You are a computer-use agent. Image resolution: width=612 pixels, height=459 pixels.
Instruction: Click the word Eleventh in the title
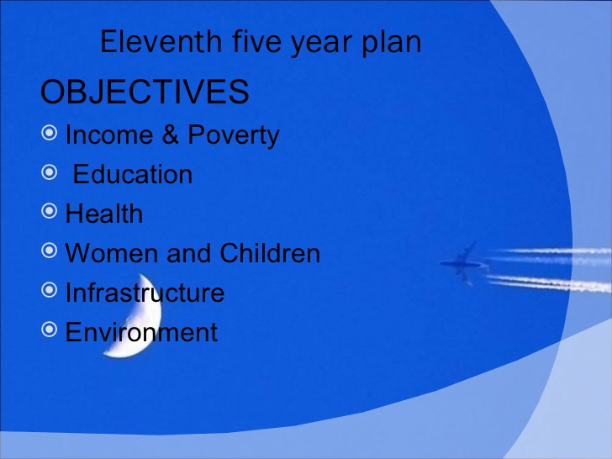[161, 41]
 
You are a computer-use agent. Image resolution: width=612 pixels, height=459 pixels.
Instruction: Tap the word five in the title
[257, 41]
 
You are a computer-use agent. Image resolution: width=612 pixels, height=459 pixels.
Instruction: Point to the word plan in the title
[392, 44]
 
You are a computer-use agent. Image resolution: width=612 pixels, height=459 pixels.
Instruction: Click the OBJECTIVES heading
[145, 92]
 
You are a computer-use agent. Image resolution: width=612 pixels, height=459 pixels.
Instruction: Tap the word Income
[109, 135]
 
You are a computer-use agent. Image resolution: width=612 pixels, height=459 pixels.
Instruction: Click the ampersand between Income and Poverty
[170, 135]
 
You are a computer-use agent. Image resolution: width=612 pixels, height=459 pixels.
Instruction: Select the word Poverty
[234, 136]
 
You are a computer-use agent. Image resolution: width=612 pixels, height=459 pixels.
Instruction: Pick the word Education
[133, 174]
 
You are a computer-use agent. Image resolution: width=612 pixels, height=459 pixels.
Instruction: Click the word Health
[104, 214]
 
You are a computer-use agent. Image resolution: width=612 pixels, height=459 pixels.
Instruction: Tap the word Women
[111, 253]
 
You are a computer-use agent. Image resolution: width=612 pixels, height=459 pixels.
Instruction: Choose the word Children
[270, 253]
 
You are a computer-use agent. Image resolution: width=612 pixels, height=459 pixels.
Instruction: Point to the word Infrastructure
[145, 293]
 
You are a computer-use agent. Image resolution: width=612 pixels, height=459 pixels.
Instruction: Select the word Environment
[141, 332]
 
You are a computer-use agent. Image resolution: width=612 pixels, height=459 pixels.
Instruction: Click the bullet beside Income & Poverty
[49, 133]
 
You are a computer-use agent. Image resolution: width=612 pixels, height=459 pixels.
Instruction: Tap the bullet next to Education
[49, 172]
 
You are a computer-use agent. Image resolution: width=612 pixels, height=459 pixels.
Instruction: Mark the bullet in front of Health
[49, 211]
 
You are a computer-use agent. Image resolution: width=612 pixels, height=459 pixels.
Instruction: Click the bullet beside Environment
[49, 330]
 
